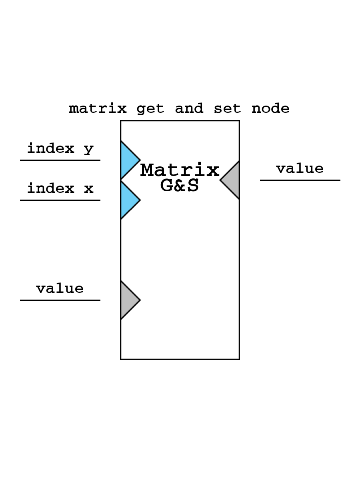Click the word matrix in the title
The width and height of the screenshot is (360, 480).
click(98, 108)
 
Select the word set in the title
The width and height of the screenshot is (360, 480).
click(227, 108)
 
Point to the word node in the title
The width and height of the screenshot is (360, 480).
click(270, 108)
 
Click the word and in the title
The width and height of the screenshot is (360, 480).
click(189, 108)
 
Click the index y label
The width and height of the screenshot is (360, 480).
click(60, 149)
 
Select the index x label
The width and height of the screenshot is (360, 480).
click(60, 188)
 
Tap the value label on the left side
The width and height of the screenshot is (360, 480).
click(60, 288)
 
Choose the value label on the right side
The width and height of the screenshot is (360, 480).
click(300, 168)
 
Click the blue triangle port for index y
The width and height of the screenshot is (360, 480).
click(128, 160)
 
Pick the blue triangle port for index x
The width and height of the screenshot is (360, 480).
click(128, 200)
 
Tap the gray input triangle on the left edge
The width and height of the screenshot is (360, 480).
click(128, 300)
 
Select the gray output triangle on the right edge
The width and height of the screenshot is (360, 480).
click(232, 180)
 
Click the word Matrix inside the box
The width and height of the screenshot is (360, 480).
click(180, 171)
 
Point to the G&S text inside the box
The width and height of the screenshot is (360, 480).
click(180, 186)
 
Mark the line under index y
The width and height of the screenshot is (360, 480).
click(60, 160)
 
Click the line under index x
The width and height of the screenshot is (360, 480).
click(60, 200)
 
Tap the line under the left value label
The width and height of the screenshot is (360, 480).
click(60, 300)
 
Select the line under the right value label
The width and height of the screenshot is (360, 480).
click(300, 180)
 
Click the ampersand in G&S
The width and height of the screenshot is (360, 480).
click(180, 186)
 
